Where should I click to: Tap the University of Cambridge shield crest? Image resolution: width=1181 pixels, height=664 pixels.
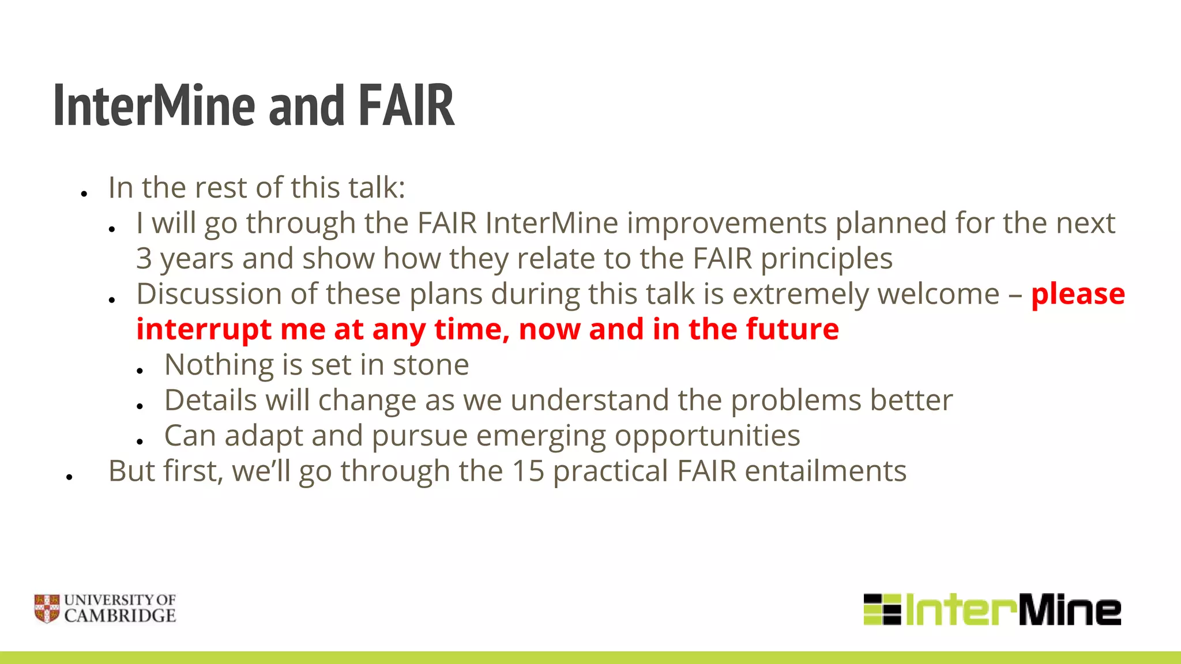pyautogui.click(x=47, y=609)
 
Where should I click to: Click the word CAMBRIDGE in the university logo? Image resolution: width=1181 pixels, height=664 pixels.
pyautogui.click(x=120, y=616)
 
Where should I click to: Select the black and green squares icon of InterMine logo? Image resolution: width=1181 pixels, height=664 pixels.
pyautogui.click(x=882, y=609)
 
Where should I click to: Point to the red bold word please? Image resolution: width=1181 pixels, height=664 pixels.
pyautogui.click(x=1077, y=294)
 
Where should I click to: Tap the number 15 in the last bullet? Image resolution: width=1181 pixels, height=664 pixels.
pyautogui.click(x=528, y=471)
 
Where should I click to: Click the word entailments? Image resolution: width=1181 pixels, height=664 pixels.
pyautogui.click(x=825, y=471)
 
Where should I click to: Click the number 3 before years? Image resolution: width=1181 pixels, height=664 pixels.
pyautogui.click(x=144, y=259)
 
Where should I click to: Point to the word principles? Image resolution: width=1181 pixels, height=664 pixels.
pyautogui.click(x=826, y=259)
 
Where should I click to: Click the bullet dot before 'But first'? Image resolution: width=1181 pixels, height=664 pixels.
pyautogui.click(x=69, y=477)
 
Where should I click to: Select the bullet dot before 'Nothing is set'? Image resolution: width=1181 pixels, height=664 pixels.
pyautogui.click(x=140, y=371)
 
